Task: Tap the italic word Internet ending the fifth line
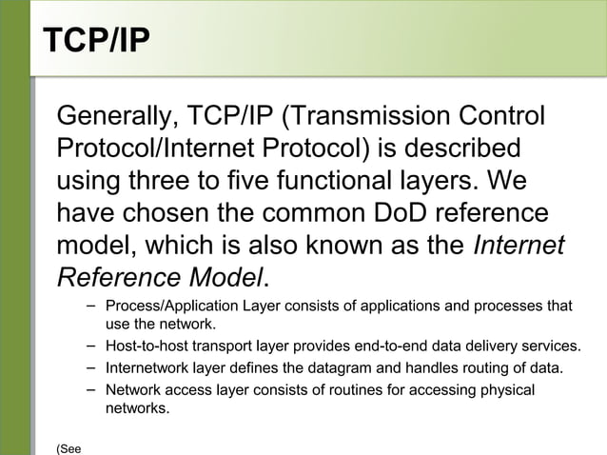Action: coord(519,245)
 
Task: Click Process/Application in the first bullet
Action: coord(165,307)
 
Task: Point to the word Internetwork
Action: coord(147,367)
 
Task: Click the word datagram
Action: coord(337,367)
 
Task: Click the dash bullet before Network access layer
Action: coord(89,388)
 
